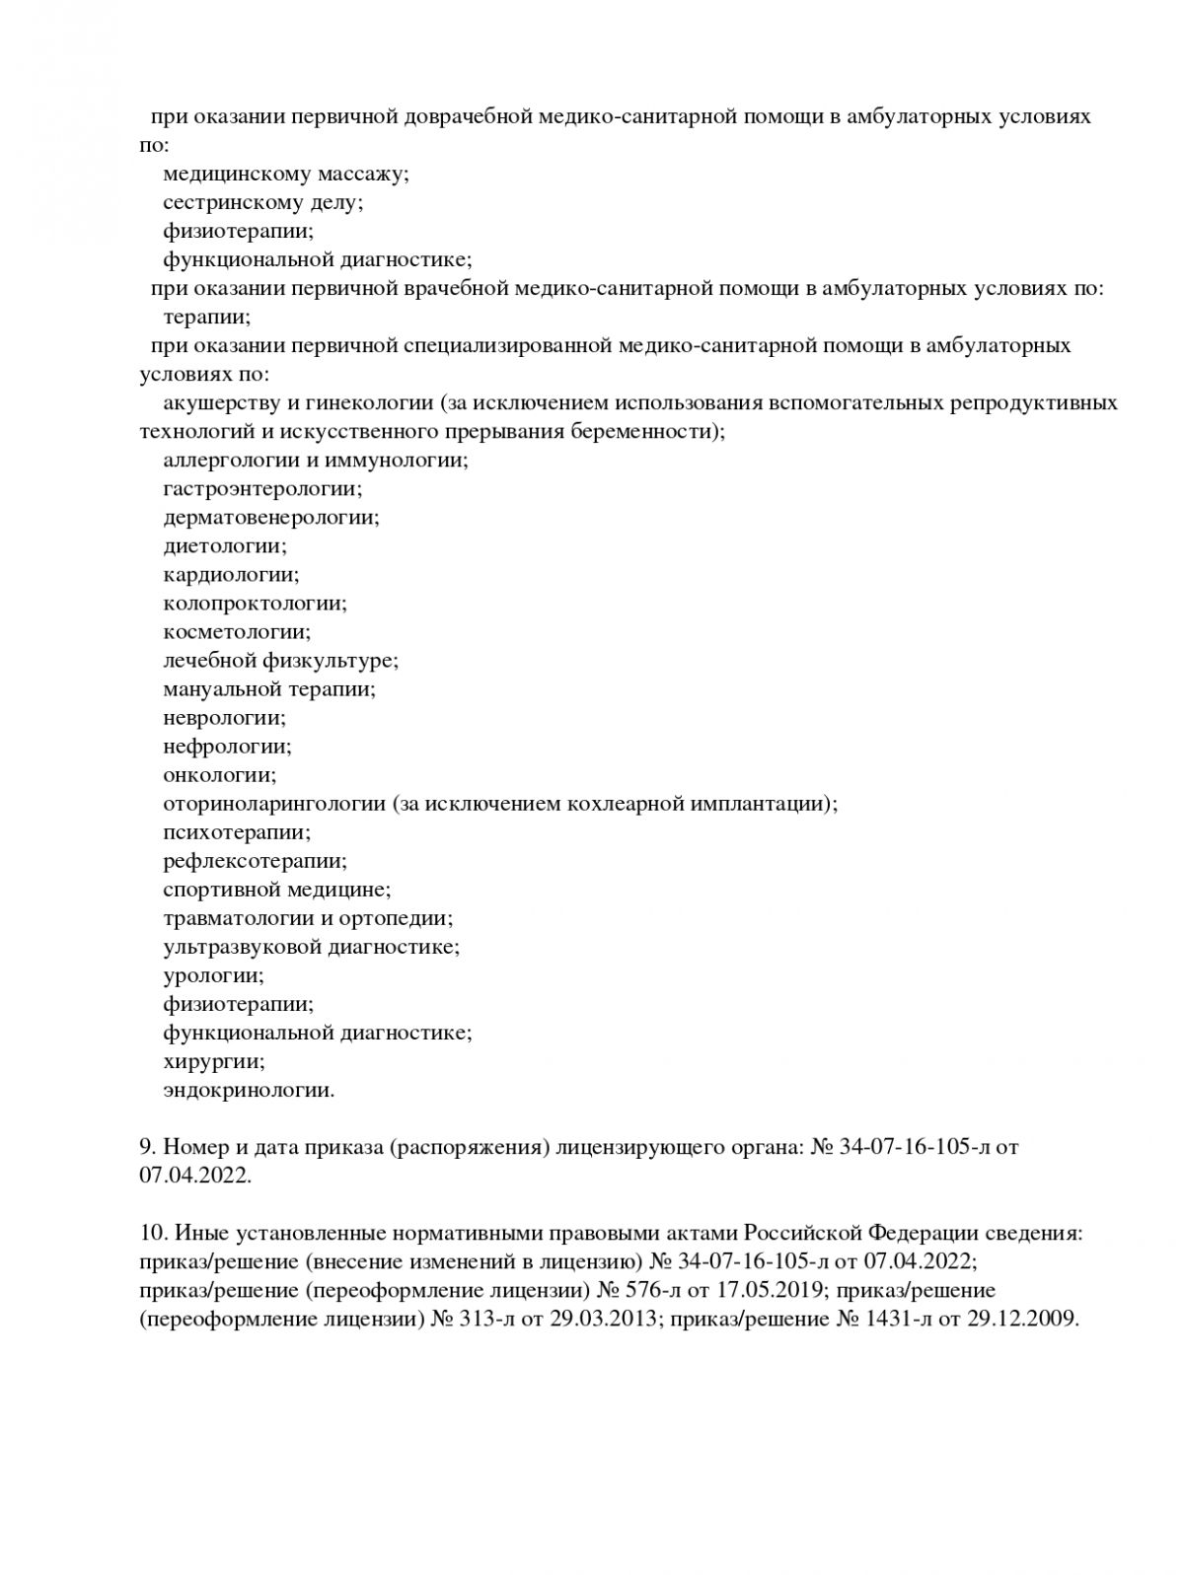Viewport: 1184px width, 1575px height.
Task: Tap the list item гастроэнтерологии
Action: click(262, 488)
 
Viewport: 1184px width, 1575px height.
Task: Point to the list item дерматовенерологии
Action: click(270, 517)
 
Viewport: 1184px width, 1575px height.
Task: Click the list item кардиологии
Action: click(231, 574)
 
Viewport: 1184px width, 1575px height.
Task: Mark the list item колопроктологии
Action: click(255, 603)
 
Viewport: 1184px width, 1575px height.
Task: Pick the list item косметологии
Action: click(237, 631)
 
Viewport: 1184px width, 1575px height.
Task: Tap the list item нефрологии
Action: click(227, 746)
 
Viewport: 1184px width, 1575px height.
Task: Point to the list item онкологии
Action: click(220, 774)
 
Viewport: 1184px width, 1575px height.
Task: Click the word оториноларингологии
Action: click(274, 803)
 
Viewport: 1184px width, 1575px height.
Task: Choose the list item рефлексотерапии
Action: click(255, 860)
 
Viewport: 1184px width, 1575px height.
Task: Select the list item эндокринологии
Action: click(249, 1090)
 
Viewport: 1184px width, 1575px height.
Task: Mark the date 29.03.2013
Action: click(602, 1318)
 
